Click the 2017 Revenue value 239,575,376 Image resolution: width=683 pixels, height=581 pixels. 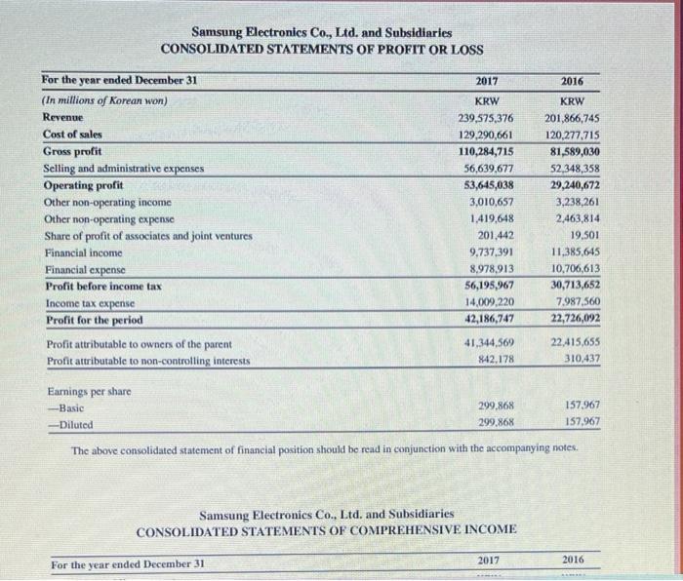(x=486, y=118)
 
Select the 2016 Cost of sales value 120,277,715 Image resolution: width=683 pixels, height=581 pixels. (x=572, y=136)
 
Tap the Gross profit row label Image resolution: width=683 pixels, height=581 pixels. (x=73, y=152)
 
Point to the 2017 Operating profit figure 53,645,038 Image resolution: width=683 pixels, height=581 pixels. (x=486, y=185)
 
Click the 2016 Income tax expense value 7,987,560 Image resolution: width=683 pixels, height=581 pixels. (x=578, y=303)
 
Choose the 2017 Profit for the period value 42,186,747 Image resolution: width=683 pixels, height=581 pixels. (x=486, y=320)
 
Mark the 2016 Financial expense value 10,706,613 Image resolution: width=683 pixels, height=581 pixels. (x=573, y=269)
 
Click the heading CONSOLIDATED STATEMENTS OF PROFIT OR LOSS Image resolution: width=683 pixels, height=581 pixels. (x=322, y=49)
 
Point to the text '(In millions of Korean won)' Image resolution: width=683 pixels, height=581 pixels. (x=104, y=100)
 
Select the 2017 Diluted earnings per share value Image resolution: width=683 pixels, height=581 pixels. (x=496, y=422)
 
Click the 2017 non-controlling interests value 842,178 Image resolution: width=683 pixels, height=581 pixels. (x=492, y=361)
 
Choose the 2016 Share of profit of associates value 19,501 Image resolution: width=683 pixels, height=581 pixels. (x=583, y=236)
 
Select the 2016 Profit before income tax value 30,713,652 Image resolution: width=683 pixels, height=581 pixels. (x=573, y=286)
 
